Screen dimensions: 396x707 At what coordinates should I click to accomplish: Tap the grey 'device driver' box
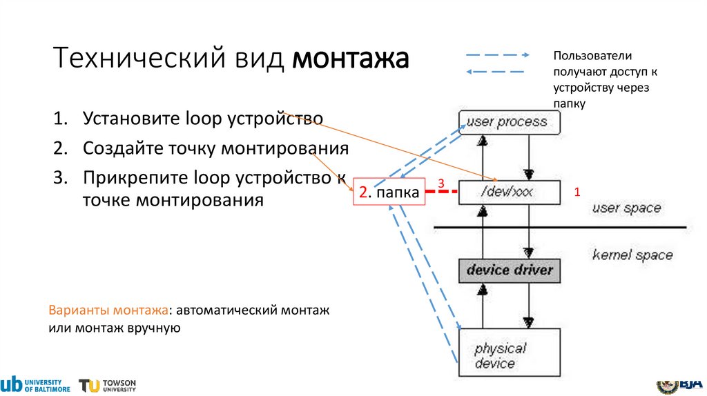tap(510, 270)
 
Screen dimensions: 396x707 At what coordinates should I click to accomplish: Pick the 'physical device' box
tap(510, 352)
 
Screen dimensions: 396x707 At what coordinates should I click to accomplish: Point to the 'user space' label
tap(626, 208)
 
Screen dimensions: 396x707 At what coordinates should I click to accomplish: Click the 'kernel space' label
tap(632, 255)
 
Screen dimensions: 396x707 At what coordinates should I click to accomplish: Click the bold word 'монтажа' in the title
tap(350, 59)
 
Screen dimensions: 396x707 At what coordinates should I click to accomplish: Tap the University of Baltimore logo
tap(36, 385)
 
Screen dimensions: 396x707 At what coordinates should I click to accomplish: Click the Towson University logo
tap(107, 385)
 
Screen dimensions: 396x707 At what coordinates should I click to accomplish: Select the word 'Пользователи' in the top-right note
tap(592, 56)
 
